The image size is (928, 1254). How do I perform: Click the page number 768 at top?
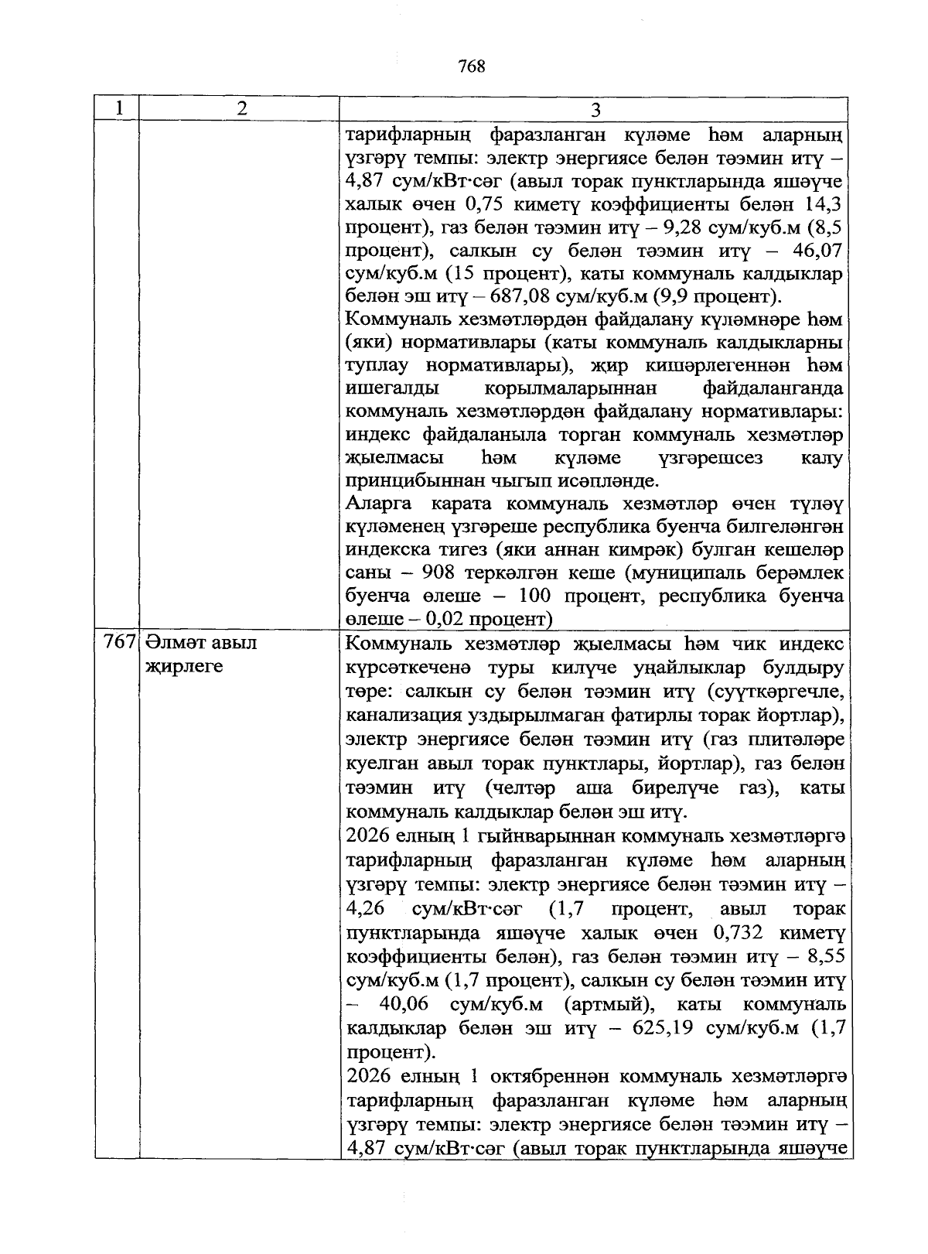click(471, 67)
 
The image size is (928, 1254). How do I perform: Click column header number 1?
click(118, 109)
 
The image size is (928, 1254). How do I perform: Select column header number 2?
click(242, 109)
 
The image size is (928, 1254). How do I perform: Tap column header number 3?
click(595, 110)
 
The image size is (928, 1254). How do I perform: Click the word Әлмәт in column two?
click(172, 642)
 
